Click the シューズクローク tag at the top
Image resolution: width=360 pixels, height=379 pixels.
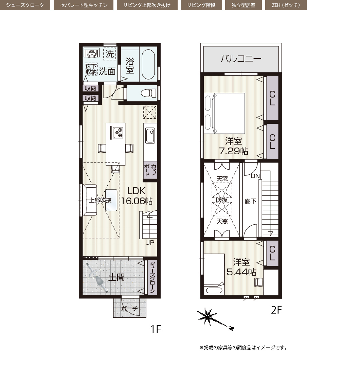(x=25, y=5)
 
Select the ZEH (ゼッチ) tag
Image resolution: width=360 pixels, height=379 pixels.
(x=286, y=5)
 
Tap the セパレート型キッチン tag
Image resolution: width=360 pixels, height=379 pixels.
(x=84, y=5)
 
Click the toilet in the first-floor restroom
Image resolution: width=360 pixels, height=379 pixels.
(x=148, y=93)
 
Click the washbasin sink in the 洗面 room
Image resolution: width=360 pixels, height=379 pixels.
(x=91, y=53)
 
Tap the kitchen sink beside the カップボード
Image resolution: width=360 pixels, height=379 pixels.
(x=150, y=135)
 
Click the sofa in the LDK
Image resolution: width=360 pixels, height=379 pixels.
(x=90, y=200)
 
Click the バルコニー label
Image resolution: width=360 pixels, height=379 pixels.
(x=241, y=59)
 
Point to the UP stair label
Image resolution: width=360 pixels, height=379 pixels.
(x=150, y=242)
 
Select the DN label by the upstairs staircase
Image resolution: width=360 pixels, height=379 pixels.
(x=255, y=176)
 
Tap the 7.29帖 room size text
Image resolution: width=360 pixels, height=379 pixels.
(x=233, y=151)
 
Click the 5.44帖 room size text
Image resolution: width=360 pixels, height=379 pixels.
(x=241, y=272)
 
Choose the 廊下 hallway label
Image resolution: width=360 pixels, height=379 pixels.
(x=250, y=201)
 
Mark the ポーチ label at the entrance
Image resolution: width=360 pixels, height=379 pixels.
(x=129, y=309)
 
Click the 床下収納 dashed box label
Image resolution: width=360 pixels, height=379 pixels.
(x=91, y=69)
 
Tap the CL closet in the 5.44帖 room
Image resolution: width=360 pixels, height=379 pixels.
(x=272, y=253)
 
